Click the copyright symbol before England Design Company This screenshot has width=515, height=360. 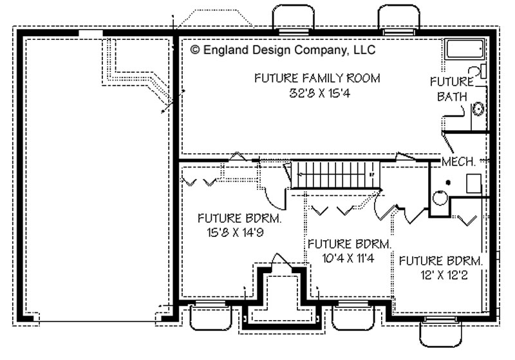pyautogui.click(x=195, y=50)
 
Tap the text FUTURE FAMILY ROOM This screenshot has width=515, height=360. pyautogui.click(x=317, y=78)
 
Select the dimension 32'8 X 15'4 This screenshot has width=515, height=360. pyautogui.click(x=319, y=93)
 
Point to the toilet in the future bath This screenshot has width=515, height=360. pyautogui.click(x=477, y=71)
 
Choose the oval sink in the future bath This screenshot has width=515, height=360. pyautogui.click(x=478, y=109)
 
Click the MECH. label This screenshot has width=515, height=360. pyautogui.click(x=458, y=162)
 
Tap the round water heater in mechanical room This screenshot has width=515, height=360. pyautogui.click(x=440, y=198)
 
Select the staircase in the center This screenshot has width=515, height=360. pyautogui.click(x=335, y=175)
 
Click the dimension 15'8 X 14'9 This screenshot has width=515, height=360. pyautogui.click(x=235, y=232)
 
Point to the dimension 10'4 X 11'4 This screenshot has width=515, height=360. pyautogui.click(x=348, y=258)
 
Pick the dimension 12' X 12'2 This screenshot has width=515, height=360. pyautogui.click(x=444, y=275)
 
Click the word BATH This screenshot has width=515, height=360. pyautogui.click(x=452, y=97)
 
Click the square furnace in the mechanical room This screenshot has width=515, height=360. pyautogui.click(x=474, y=184)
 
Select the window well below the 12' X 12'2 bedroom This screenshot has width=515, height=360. pyautogui.click(x=440, y=332)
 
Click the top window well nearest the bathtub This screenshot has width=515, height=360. pyautogui.click(x=398, y=17)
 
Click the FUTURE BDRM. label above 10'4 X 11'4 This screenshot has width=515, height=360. pyautogui.click(x=349, y=244)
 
